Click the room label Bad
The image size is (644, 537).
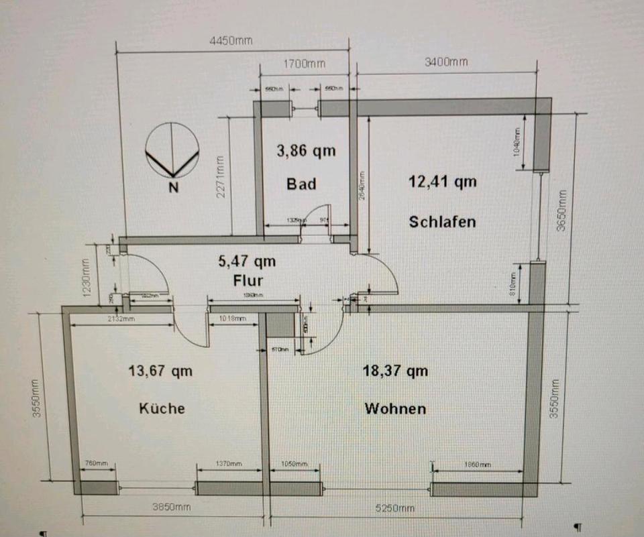click(x=301, y=183)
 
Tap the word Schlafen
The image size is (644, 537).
click(x=442, y=221)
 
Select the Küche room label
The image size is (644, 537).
click(x=162, y=408)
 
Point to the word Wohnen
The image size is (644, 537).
click(x=395, y=408)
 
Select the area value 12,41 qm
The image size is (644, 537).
click(x=443, y=181)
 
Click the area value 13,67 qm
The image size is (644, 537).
click(x=161, y=370)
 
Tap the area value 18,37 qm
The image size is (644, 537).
click(x=395, y=370)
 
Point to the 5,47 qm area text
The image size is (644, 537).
click(x=247, y=261)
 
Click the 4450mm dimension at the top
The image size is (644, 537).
click(x=231, y=41)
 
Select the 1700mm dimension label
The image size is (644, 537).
click(x=304, y=64)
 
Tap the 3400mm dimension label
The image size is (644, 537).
click(x=446, y=62)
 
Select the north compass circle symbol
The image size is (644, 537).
click(x=172, y=151)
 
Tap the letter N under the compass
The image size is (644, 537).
click(x=173, y=188)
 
